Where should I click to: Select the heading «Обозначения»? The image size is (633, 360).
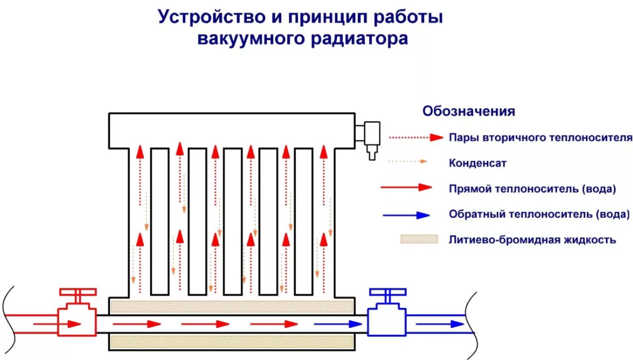469,111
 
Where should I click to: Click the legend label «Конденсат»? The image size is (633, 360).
478,163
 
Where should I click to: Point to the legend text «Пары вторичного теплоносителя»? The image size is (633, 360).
540,138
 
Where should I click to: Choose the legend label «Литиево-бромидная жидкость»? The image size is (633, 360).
532,239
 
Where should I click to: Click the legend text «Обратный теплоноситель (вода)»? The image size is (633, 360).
539,214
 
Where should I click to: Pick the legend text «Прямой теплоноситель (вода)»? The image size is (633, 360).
532,189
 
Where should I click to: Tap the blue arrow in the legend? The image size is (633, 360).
406,215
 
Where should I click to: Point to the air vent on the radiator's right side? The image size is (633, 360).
369,139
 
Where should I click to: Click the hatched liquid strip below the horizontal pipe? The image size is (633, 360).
232,342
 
